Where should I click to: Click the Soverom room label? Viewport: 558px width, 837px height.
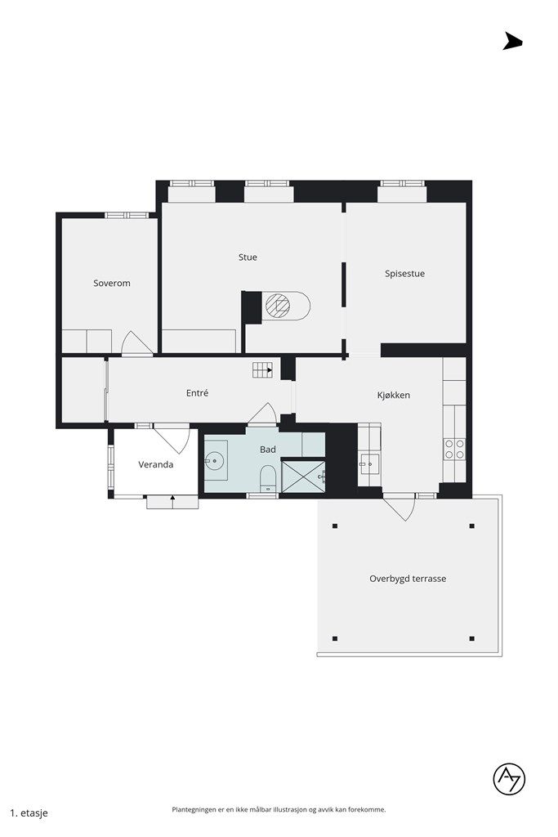(111, 283)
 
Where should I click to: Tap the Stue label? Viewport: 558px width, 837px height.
(248, 257)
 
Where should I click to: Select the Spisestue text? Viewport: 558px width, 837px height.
(405, 274)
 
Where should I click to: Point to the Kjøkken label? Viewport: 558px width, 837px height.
(394, 395)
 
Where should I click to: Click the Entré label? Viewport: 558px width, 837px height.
(197, 393)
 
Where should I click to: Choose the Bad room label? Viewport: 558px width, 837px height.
(268, 450)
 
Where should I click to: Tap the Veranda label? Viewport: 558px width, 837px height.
(156, 464)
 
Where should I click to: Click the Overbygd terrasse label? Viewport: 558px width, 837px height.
(408, 579)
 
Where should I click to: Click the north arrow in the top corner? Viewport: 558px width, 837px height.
(512, 41)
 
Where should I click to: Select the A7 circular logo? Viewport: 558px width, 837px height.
(509, 779)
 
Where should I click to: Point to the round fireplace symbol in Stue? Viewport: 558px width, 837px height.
(278, 306)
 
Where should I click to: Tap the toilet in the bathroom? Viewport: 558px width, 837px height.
(267, 477)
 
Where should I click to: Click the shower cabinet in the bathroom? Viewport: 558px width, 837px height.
(303, 477)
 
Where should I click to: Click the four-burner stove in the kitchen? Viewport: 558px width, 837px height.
(454, 449)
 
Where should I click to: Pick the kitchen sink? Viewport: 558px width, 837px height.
(368, 464)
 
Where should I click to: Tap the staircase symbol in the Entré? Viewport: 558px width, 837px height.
(262, 369)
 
